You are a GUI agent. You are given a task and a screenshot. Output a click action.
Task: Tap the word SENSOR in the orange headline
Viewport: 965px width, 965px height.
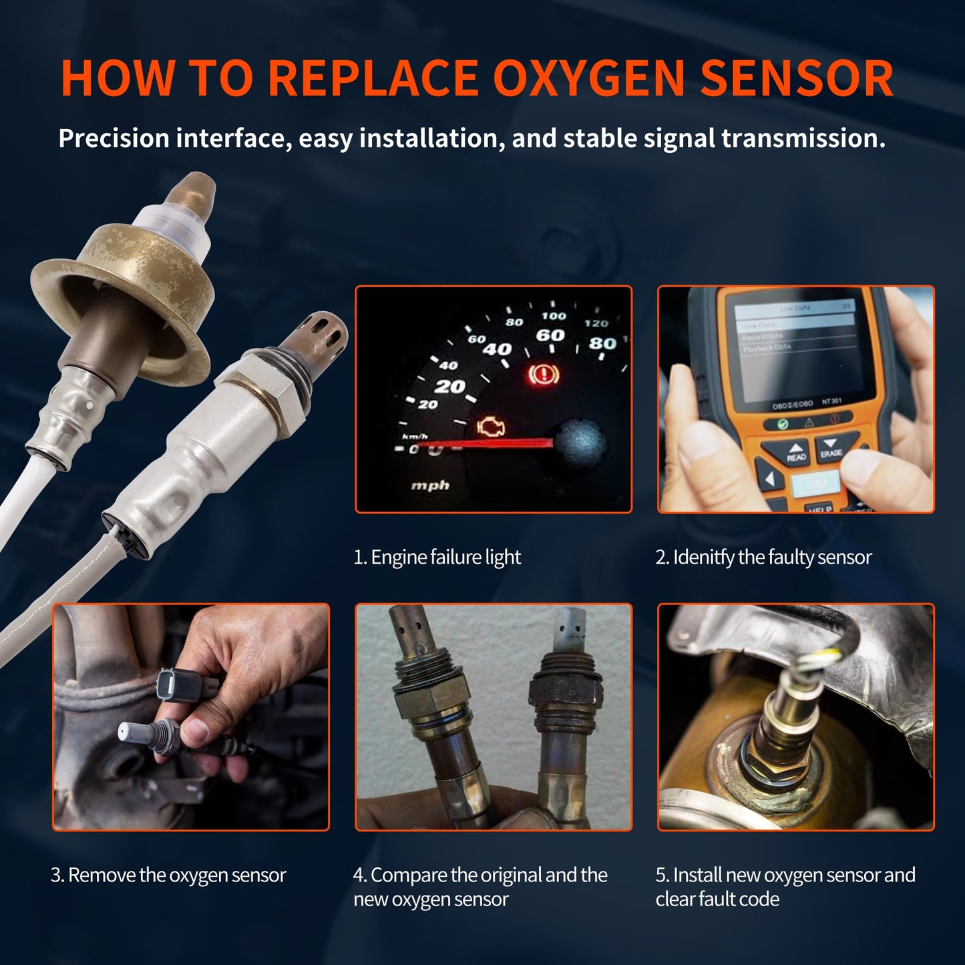point(796,79)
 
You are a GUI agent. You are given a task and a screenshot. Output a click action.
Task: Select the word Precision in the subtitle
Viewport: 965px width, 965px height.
point(114,138)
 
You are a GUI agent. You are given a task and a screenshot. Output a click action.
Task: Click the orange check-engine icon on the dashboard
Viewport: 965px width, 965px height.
point(491,427)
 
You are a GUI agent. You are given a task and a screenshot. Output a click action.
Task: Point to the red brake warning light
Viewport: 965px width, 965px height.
point(544,374)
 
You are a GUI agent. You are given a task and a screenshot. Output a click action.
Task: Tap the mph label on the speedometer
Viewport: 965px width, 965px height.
point(430,486)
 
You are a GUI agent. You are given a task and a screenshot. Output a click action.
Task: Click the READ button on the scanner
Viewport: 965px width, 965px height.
point(795,453)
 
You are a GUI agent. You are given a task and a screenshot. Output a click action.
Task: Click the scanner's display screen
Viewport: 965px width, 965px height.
point(795,347)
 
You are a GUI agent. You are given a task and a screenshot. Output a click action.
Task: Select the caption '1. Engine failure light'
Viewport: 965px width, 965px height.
point(437,557)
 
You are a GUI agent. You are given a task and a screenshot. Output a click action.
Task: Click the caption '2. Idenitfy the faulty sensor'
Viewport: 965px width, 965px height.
point(763,557)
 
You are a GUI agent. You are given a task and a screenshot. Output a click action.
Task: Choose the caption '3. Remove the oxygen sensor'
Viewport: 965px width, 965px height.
point(168,875)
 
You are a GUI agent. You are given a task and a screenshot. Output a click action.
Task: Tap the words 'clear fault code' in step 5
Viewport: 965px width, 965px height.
point(717,899)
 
